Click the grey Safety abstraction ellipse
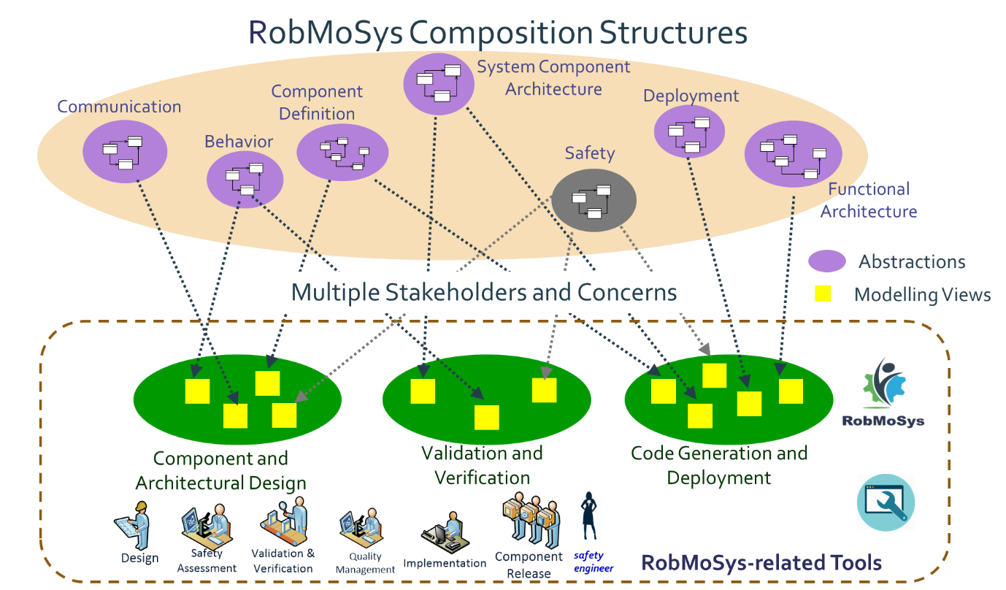click(594, 200)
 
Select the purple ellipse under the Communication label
click(125, 151)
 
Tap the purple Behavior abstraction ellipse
click(245, 180)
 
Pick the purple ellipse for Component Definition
click(342, 153)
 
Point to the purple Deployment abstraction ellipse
click(689, 131)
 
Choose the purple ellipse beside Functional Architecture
click(793, 154)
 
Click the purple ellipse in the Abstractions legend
click(827, 260)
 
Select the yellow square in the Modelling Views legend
click(823, 294)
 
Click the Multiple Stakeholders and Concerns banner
click(483, 293)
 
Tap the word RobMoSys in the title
click(326, 33)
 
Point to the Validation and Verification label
click(482, 465)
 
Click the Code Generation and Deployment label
click(719, 465)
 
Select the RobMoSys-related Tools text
click(761, 563)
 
